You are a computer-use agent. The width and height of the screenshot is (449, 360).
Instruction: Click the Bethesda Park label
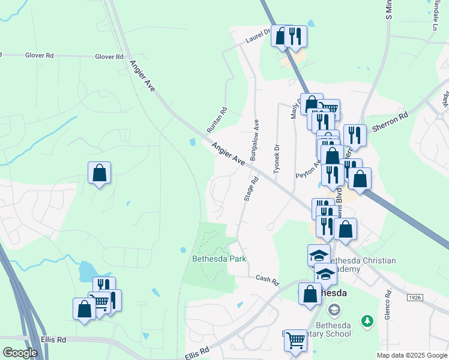(x=219, y=259)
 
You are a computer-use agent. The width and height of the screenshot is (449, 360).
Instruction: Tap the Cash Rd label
(x=268, y=280)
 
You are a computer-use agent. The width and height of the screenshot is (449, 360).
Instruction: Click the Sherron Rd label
(x=390, y=121)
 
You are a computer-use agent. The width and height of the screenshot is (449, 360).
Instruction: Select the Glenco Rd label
(x=388, y=305)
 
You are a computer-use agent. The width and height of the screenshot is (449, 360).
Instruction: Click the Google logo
(x=20, y=353)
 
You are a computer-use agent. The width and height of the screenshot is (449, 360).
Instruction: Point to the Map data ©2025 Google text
(x=412, y=355)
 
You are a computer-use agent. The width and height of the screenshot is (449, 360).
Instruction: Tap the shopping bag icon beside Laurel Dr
(x=280, y=35)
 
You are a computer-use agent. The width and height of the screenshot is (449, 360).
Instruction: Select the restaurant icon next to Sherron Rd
(x=355, y=136)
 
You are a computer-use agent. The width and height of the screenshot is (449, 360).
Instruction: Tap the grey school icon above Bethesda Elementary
(x=334, y=310)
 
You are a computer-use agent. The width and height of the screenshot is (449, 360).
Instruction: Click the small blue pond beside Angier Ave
(x=191, y=143)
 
